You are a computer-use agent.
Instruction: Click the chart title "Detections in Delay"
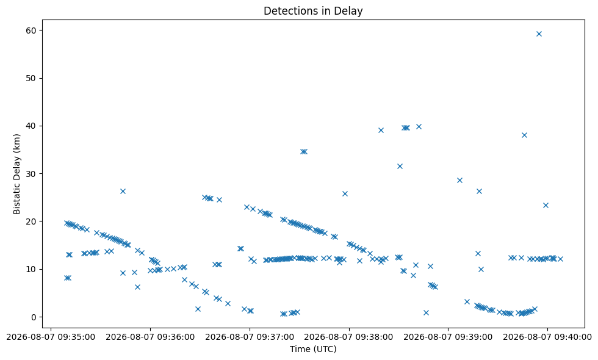click(312, 11)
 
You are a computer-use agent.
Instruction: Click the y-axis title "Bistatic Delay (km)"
click(17, 174)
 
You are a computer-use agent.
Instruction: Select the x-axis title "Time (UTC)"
click(313, 349)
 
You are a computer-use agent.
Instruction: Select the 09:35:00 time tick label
click(51, 337)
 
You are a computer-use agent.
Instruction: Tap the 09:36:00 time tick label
click(150, 337)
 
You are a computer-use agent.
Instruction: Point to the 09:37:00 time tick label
click(250, 337)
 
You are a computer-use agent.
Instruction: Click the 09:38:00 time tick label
click(349, 337)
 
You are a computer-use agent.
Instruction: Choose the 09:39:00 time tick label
click(448, 337)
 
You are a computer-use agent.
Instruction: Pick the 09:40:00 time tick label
click(547, 337)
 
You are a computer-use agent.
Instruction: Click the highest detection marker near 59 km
click(539, 34)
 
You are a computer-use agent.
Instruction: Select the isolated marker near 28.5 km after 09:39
click(459, 181)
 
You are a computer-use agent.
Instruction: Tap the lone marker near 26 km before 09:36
click(123, 192)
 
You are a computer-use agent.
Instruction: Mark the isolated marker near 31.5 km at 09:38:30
click(400, 166)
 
